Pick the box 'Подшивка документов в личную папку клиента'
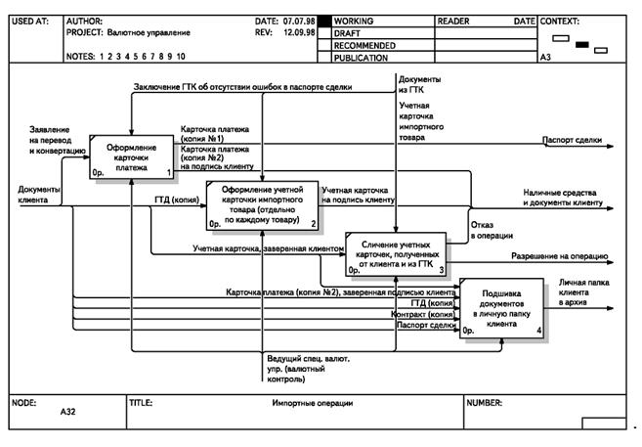click(499, 310)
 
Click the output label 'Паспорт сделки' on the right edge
click(572, 140)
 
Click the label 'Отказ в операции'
click(488, 230)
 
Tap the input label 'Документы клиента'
click(39, 194)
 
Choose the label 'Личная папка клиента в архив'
click(585, 292)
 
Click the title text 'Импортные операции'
click(312, 403)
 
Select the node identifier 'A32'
click(68, 412)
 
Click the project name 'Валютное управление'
click(150, 32)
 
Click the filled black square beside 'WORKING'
click(325, 21)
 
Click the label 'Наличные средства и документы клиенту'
click(559, 199)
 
